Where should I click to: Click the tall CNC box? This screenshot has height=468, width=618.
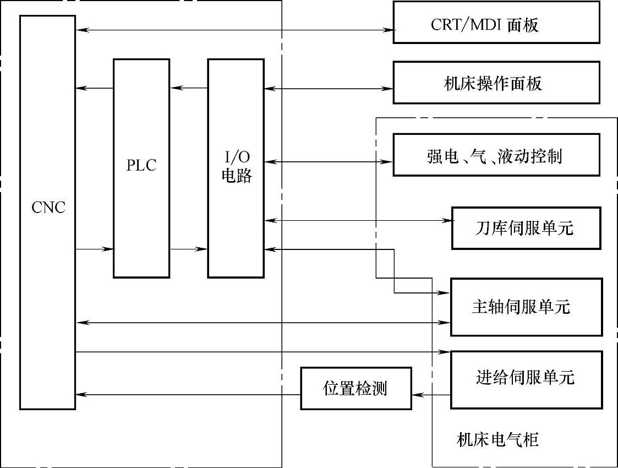pyautogui.click(x=47, y=212)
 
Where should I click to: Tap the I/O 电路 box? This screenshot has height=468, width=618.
pyautogui.click(x=236, y=168)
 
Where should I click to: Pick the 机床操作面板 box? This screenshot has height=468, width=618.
pyautogui.click(x=496, y=83)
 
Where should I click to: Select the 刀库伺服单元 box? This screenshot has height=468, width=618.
pyautogui.click(x=525, y=228)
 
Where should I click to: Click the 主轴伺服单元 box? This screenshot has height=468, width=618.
pyautogui.click(x=526, y=307)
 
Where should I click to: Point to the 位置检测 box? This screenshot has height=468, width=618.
pyautogui.click(x=356, y=388)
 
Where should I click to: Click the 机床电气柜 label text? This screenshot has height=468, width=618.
pyautogui.click(x=497, y=440)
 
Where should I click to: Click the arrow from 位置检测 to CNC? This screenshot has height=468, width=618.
pyautogui.click(x=187, y=394)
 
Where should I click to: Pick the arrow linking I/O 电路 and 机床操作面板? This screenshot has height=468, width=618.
pyautogui.click(x=328, y=88)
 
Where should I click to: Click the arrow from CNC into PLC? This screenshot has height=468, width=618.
pyautogui.click(x=94, y=249)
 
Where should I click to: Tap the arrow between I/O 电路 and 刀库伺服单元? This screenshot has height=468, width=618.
pyautogui.click(x=358, y=221)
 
